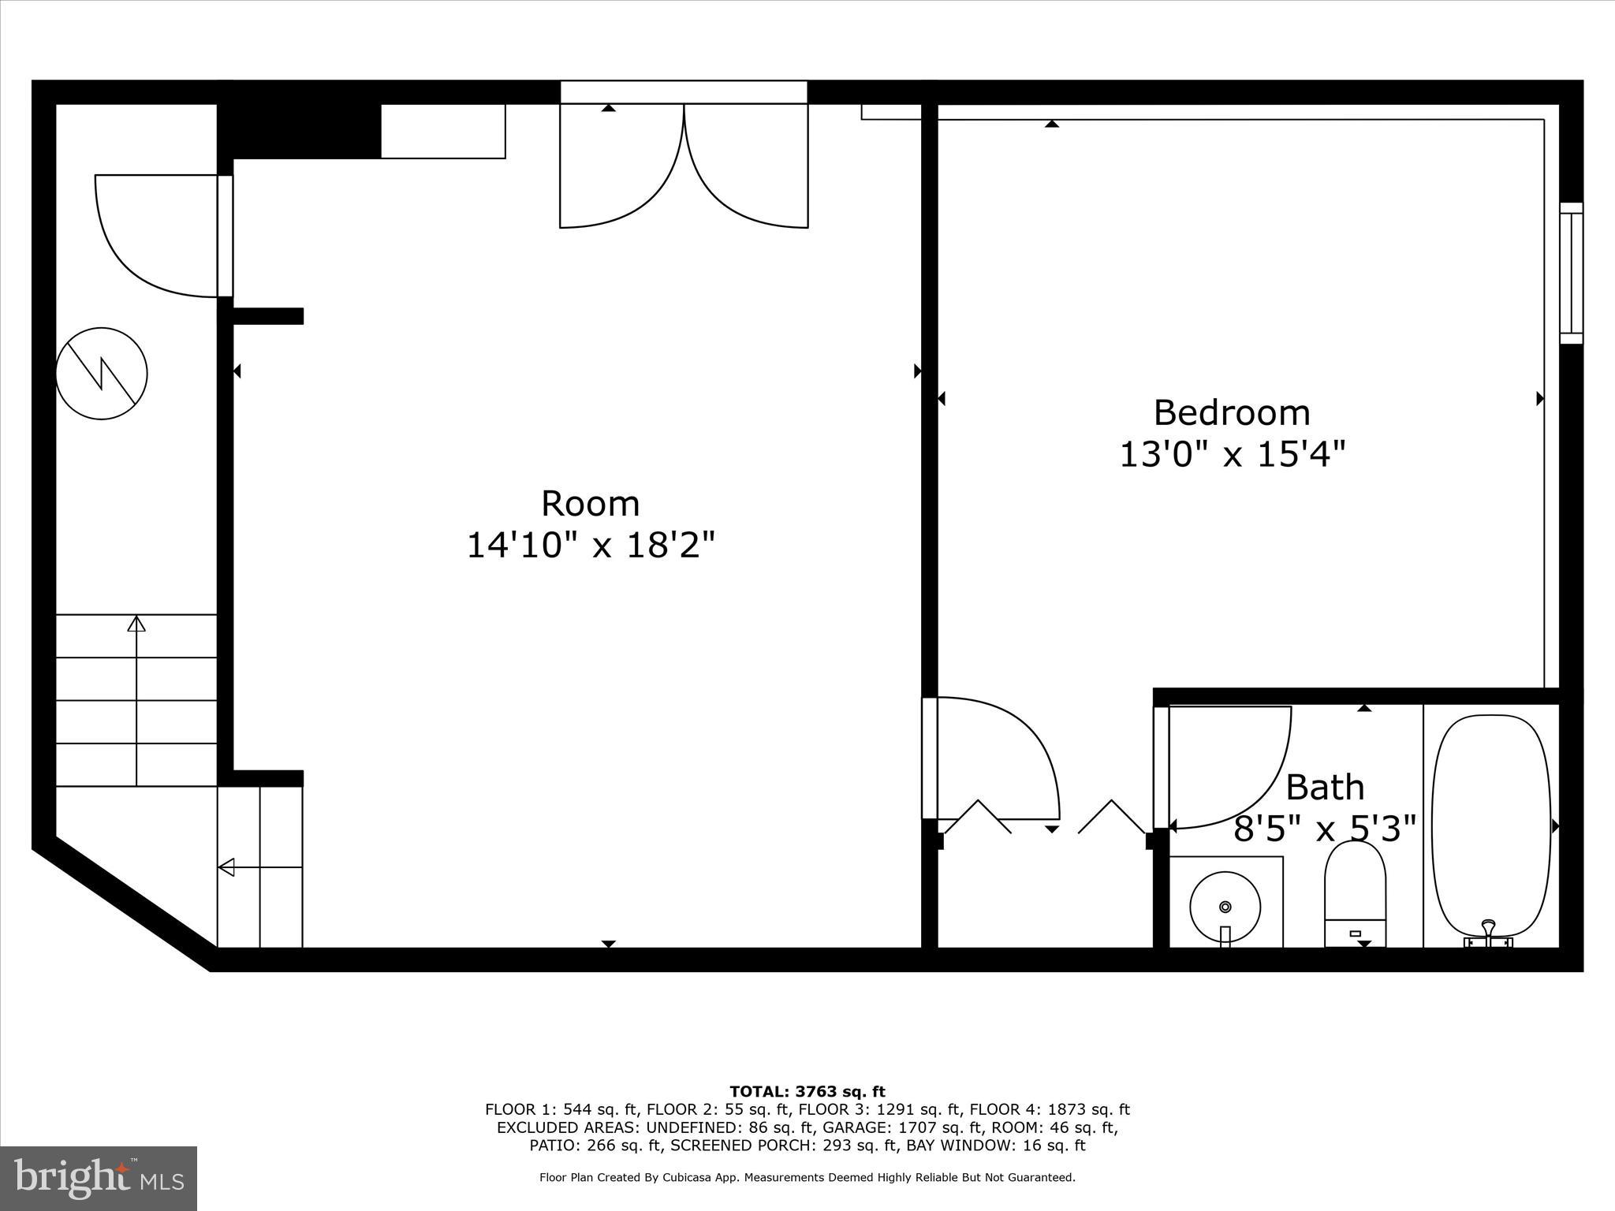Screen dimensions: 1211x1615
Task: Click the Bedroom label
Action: point(1231,412)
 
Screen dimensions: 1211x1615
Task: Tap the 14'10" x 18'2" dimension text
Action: point(591,545)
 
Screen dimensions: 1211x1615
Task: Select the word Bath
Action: point(1325,787)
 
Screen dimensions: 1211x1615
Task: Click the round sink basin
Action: point(1225,907)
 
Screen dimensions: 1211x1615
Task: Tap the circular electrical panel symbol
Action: point(102,373)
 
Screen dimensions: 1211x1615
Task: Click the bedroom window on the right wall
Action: point(1571,273)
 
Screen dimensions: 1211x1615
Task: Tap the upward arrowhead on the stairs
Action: point(136,624)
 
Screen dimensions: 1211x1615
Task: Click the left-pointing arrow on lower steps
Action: point(227,867)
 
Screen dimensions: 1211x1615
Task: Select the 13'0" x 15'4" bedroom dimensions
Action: point(1232,454)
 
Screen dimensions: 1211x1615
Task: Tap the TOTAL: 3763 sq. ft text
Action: point(807,1091)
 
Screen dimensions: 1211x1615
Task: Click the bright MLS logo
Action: point(99,1178)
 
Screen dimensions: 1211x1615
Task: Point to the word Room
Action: point(590,503)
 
